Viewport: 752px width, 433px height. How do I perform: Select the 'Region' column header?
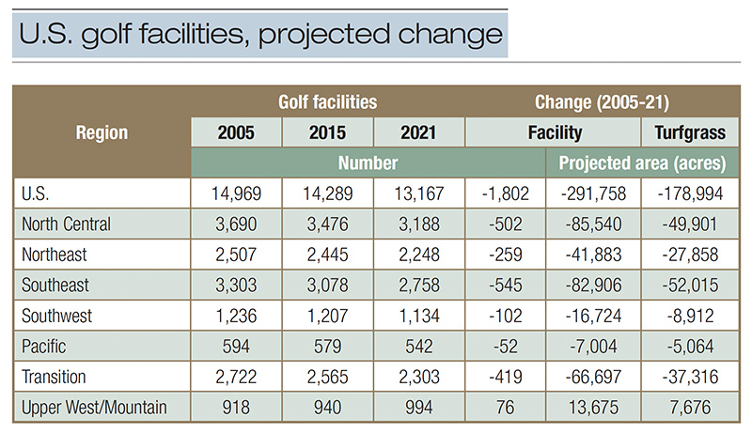102,133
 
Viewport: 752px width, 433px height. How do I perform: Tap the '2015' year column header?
327,133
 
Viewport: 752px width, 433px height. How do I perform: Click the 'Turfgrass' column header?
689,133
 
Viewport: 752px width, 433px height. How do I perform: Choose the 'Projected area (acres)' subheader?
643,162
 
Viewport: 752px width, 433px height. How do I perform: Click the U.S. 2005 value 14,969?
236,194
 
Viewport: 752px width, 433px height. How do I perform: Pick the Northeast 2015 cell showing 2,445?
327,256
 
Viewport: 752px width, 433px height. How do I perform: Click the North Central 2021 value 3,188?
418,225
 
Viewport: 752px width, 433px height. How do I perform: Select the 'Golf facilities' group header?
327,101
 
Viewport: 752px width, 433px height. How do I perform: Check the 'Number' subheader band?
367,162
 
